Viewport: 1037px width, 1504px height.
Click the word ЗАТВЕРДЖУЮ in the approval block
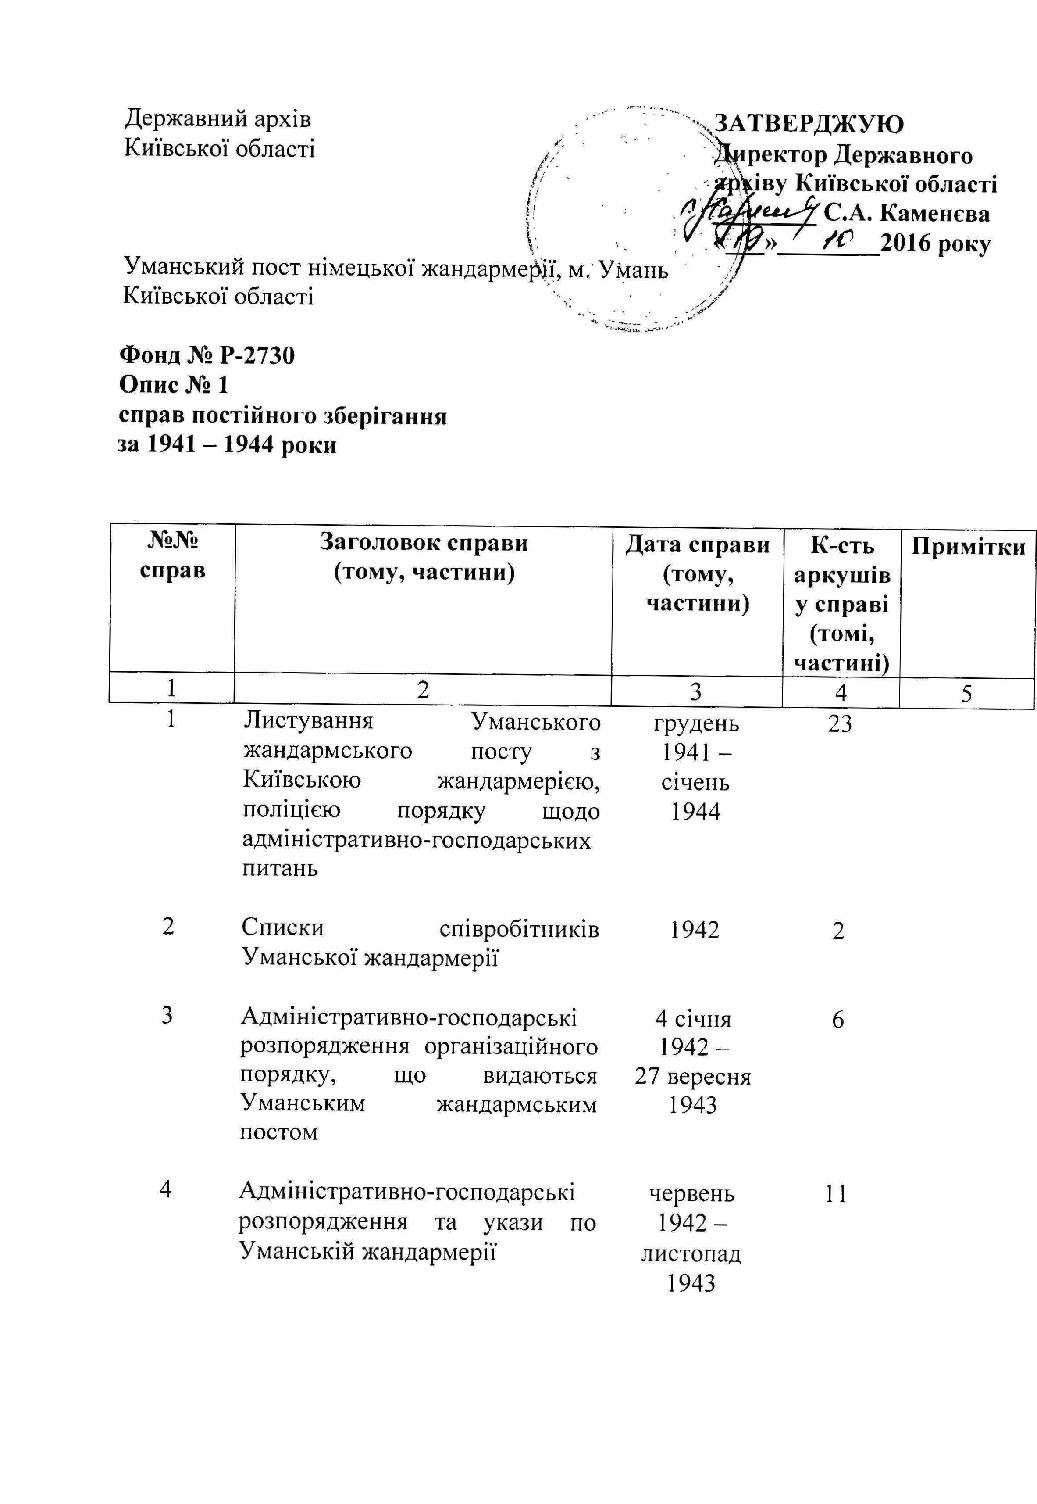(x=809, y=123)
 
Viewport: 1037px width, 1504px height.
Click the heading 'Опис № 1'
(x=174, y=385)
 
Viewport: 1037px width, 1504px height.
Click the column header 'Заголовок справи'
(x=424, y=543)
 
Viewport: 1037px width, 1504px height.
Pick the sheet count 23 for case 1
(x=840, y=724)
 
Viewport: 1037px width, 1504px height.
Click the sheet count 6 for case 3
(x=838, y=1020)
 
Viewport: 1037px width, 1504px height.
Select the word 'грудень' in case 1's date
(x=696, y=723)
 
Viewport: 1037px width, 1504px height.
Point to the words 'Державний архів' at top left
(x=217, y=119)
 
